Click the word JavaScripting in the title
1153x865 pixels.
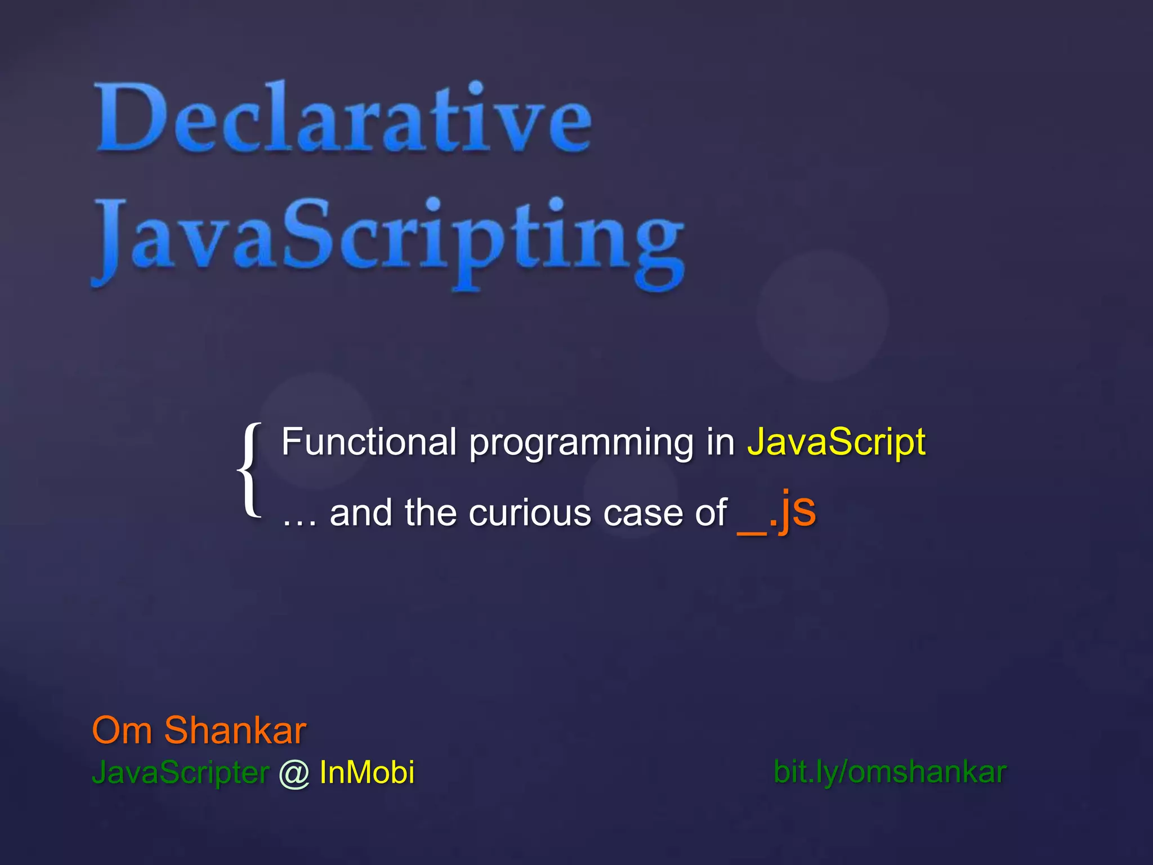[x=388, y=239]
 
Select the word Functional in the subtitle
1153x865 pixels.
[x=369, y=442]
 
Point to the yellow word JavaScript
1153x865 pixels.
[x=836, y=443]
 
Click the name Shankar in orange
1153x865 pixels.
[x=235, y=730]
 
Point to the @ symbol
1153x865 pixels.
[x=294, y=773]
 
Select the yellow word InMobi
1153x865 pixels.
[x=367, y=772]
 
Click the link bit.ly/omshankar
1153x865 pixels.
[x=890, y=772]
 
